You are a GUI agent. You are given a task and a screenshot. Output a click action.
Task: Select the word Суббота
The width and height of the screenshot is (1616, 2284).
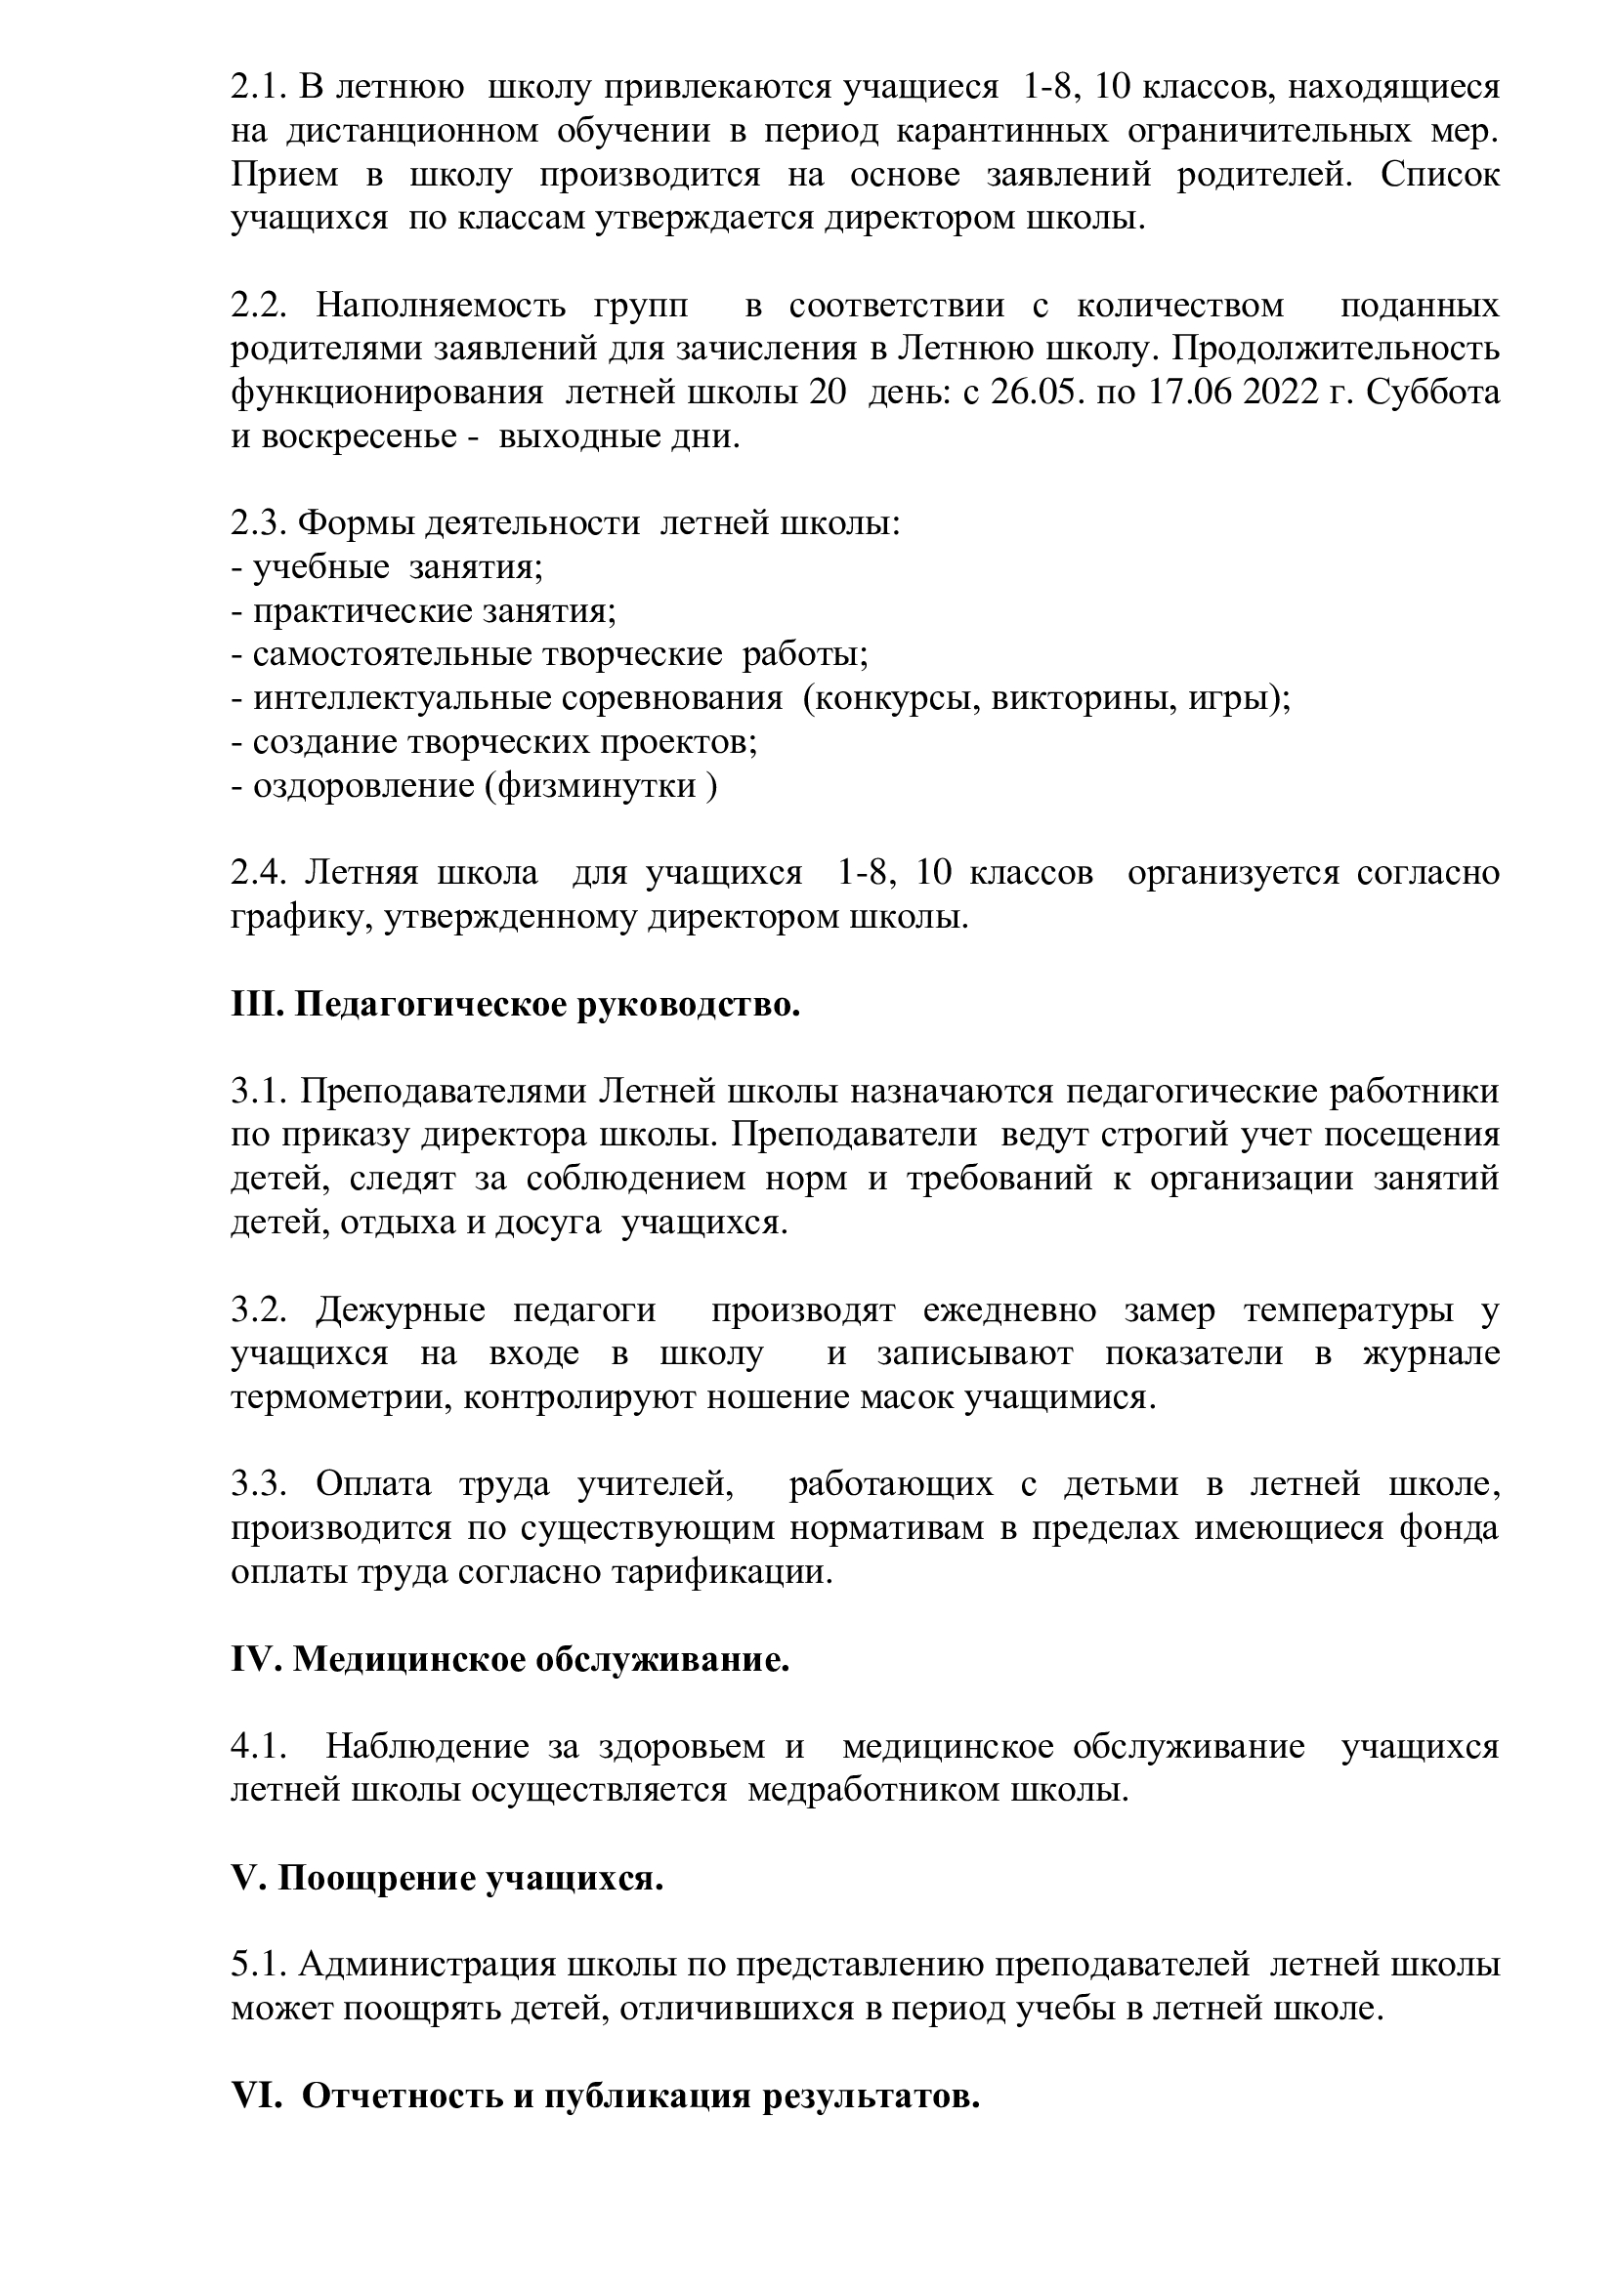tap(1433, 393)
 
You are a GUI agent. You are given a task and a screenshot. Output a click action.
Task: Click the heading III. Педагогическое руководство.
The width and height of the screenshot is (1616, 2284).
tap(516, 1005)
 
